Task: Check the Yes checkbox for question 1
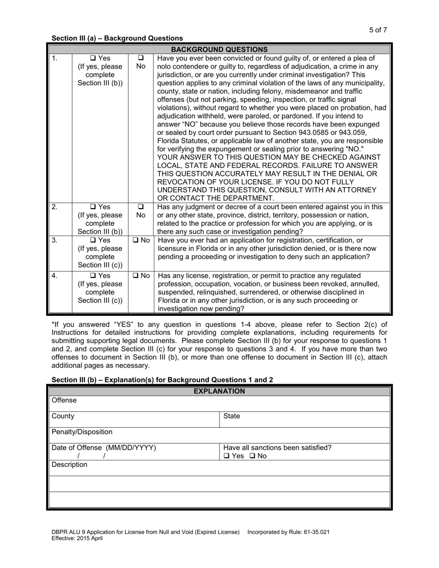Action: [x=93, y=58]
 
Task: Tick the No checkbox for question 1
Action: [x=141, y=58]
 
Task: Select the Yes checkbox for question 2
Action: [x=93, y=207]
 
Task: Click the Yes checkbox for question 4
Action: [x=93, y=276]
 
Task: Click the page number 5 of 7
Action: [x=378, y=30]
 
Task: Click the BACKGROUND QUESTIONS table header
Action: [x=219, y=49]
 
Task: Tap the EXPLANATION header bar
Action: [x=219, y=391]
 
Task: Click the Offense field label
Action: [x=64, y=400]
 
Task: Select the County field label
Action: [x=63, y=416]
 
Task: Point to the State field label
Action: [x=232, y=416]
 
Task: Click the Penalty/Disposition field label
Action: [x=82, y=432]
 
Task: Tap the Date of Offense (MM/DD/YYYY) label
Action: [x=104, y=447]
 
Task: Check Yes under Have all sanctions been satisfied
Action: [x=226, y=456]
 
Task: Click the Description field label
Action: [x=69, y=465]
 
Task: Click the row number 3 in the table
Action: [x=55, y=240]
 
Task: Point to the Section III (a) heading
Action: [x=117, y=38]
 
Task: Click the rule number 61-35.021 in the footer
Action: [x=315, y=532]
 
